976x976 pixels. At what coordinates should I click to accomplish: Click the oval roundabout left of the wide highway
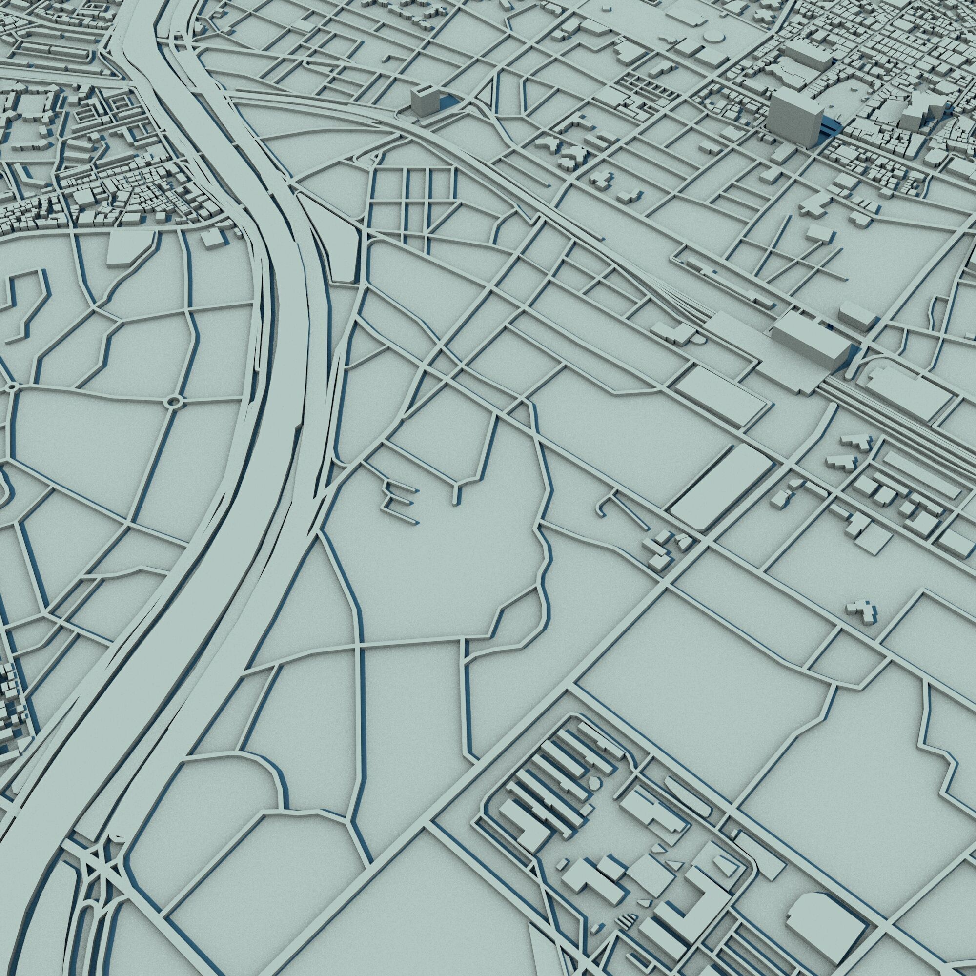174,402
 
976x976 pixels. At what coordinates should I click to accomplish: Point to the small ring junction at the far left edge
12,387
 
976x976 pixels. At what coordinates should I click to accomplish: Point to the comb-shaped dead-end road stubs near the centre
399,500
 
